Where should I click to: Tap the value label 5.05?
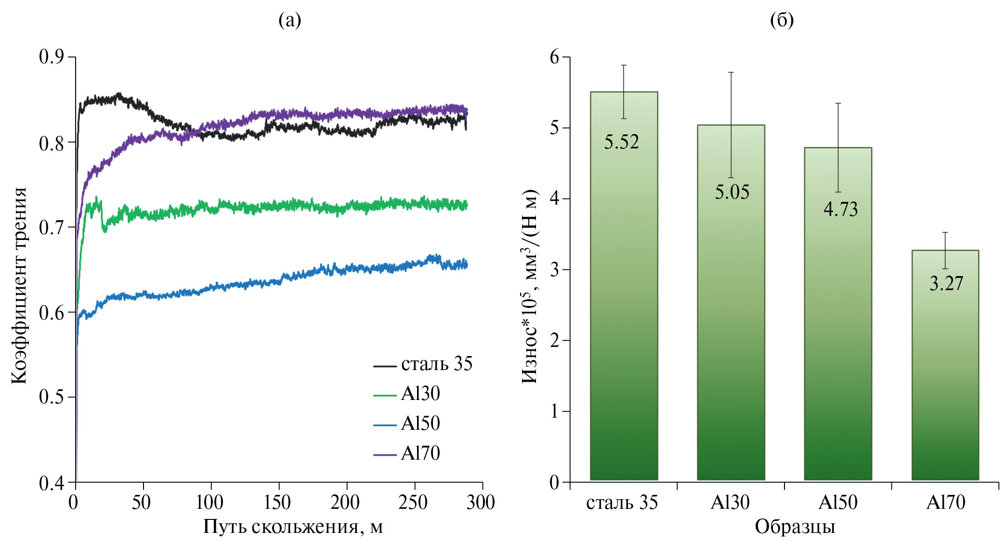(732, 192)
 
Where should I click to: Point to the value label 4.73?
(840, 209)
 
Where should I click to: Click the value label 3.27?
(946, 284)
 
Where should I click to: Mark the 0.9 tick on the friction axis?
(51, 57)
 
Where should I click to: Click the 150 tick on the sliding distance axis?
(277, 503)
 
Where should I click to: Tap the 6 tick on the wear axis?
(555, 57)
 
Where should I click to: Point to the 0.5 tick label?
(51, 397)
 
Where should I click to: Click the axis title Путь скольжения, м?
(293, 527)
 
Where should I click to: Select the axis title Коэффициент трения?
(19, 285)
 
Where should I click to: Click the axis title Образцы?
(795, 527)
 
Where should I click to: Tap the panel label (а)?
(290, 20)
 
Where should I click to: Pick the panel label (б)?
(782, 20)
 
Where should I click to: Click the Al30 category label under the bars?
(730, 503)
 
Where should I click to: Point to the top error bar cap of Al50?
(838, 103)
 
